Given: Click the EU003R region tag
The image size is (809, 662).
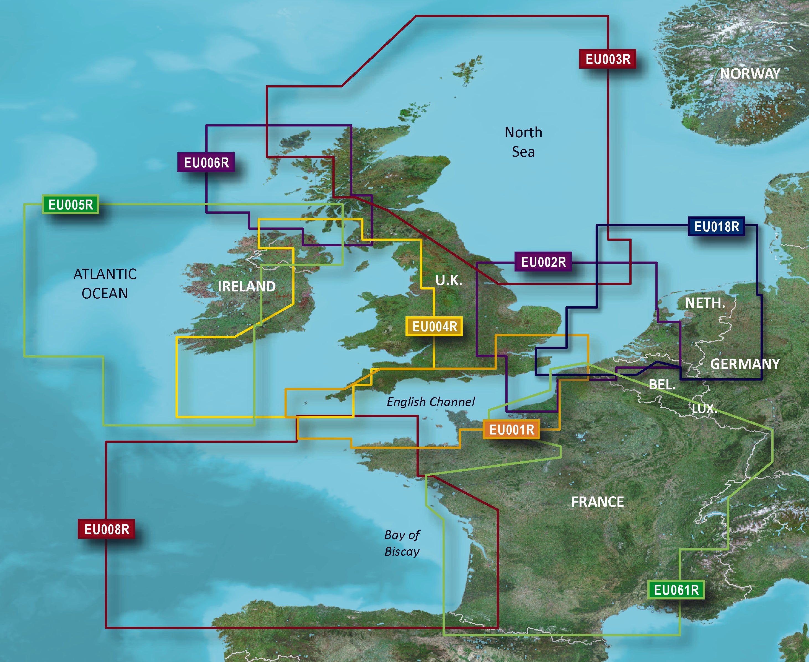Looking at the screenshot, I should coord(608,59).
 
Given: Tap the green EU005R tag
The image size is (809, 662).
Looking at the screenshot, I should coord(71,205).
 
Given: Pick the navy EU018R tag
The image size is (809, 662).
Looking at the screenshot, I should coord(716,226).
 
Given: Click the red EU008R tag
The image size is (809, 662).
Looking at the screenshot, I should coord(106,529).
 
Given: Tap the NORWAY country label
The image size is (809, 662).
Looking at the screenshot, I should coord(749,74).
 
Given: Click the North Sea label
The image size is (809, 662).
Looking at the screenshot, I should coord(523,142).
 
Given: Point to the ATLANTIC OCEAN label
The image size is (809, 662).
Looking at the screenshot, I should coord(105,283).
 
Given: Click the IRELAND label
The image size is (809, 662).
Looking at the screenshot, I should coord(246,286).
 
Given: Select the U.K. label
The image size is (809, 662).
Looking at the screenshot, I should coord(449,280).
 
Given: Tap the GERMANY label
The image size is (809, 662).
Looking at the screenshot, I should coord(745,364).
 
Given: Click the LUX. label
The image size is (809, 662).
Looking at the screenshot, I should coord(704,409).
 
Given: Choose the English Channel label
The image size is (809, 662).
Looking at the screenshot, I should coord(431,402).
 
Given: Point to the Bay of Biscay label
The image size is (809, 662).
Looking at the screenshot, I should coord(402,543).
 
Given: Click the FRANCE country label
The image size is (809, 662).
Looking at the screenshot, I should coord(597,502).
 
